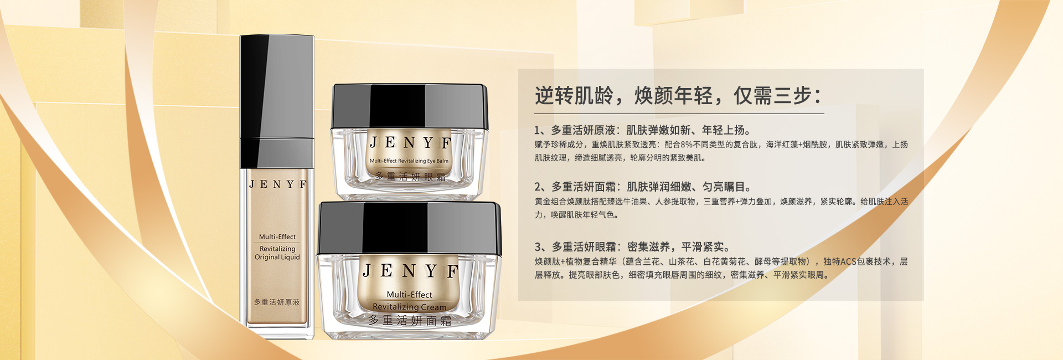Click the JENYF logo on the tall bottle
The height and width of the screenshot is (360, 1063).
(277, 184)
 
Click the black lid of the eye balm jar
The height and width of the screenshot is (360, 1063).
(409, 106)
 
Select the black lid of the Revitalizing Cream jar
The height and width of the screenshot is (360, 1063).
(410, 228)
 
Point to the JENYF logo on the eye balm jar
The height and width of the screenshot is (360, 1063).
(410, 143)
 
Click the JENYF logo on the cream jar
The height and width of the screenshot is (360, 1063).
(410, 271)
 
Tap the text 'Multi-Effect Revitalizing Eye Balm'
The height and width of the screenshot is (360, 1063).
(409, 161)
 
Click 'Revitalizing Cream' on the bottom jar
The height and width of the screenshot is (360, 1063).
(409, 307)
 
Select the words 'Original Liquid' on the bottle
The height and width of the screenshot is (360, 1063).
(277, 258)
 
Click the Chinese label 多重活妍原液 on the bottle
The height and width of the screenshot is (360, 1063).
(277, 302)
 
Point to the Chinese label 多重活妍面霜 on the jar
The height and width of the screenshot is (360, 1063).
(410, 321)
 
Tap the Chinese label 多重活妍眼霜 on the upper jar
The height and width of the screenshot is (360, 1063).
(410, 177)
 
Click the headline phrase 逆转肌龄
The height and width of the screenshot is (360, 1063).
(574, 96)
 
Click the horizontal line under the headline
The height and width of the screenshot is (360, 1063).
(679, 114)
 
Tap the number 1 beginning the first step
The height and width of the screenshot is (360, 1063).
(537, 131)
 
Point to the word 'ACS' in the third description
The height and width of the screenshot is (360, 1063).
(848, 262)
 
